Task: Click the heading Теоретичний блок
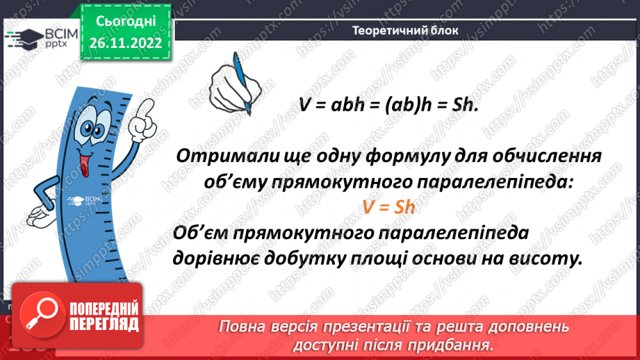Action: point(405,31)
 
